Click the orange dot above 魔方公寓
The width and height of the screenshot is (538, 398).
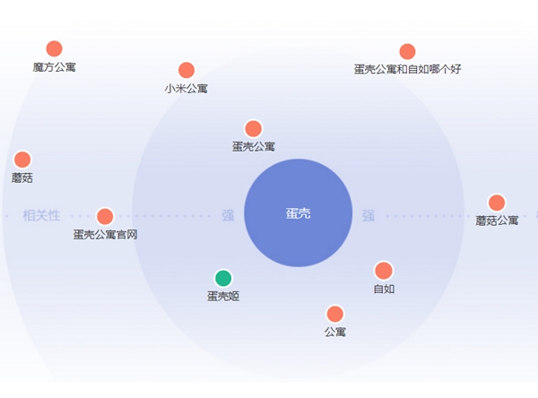[54, 48]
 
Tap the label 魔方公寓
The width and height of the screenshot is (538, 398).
[54, 67]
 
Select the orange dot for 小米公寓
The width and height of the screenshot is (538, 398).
[187, 70]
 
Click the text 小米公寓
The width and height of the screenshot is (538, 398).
[186, 89]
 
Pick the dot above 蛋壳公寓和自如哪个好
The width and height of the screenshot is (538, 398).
[407, 51]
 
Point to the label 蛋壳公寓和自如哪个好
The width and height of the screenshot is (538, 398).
[408, 69]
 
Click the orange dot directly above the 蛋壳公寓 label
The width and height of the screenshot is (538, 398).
[253, 129]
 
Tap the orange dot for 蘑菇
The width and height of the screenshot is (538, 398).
[22, 160]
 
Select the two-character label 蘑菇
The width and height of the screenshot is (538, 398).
[22, 177]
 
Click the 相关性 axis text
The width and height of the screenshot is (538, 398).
[41, 215]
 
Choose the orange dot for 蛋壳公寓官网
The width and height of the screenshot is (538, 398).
[105, 217]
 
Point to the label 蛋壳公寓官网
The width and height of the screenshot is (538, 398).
[105, 235]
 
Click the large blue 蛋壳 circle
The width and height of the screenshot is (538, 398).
[299, 212]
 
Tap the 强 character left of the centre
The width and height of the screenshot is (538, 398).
[228, 215]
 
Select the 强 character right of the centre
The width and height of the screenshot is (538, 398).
[369, 215]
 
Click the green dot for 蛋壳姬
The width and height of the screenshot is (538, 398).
[223, 278]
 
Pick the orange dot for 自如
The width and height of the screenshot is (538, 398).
[384, 271]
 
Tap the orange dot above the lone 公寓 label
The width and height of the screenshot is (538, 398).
[334, 314]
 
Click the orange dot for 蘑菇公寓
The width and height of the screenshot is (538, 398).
[497, 203]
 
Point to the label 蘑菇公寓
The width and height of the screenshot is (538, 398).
[497, 221]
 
